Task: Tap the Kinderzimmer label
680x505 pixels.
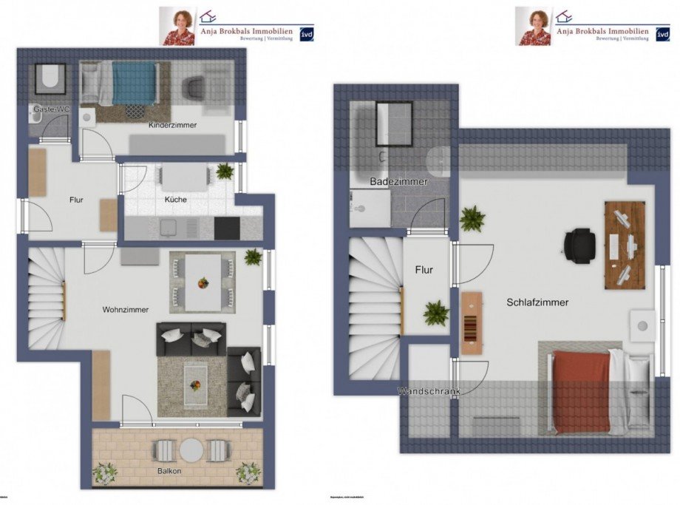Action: pyautogui.click(x=172, y=125)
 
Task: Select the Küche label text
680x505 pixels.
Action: pyautogui.click(x=176, y=199)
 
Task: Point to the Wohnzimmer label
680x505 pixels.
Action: pyautogui.click(x=126, y=310)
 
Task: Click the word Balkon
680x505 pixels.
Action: pyautogui.click(x=169, y=470)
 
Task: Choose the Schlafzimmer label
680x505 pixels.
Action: pyautogui.click(x=537, y=302)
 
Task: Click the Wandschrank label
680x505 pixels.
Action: pyautogui.click(x=428, y=390)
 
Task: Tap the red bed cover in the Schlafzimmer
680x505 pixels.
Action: pyautogui.click(x=582, y=392)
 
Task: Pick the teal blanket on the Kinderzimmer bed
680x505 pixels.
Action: pyautogui.click(x=133, y=83)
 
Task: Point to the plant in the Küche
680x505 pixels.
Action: pyautogui.click(x=225, y=172)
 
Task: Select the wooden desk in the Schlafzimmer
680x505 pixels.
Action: pyautogui.click(x=625, y=245)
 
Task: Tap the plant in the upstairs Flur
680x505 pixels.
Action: pyautogui.click(x=436, y=313)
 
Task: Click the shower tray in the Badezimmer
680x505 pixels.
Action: pyautogui.click(x=394, y=123)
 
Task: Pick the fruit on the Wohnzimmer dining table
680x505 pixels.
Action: pyautogui.click(x=203, y=282)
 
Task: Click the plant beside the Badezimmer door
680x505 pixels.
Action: pyautogui.click(x=472, y=219)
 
